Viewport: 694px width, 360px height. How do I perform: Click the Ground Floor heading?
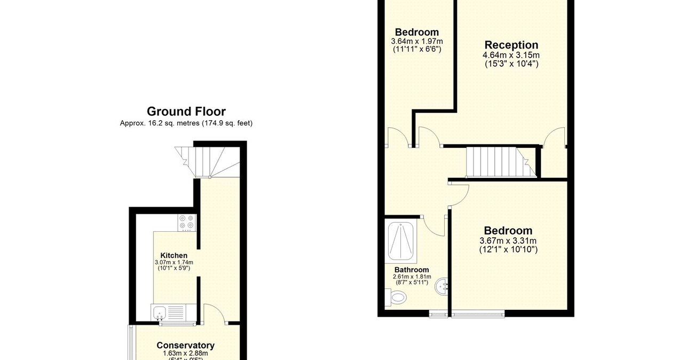[186, 111]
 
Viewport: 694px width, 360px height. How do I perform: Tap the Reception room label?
[511, 45]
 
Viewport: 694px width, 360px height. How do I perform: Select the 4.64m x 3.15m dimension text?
[511, 55]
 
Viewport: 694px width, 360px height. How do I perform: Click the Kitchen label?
[173, 255]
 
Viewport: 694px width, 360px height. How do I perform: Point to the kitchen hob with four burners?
[187, 223]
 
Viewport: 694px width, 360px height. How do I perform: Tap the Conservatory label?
[185, 346]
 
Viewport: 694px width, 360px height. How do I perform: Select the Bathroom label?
[412, 270]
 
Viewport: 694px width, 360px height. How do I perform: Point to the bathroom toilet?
[398, 296]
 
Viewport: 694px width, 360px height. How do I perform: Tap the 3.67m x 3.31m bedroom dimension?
[508, 241]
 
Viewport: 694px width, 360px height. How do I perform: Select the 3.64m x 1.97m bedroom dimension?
[417, 41]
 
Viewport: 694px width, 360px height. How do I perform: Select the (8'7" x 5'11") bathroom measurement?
[412, 283]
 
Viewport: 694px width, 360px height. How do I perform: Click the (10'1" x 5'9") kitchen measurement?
[173, 268]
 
